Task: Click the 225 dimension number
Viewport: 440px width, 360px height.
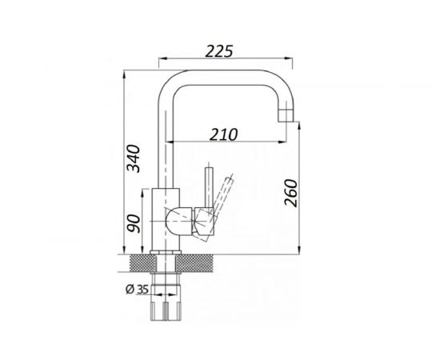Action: point(219,51)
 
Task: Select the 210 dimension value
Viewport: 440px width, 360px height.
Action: point(224,134)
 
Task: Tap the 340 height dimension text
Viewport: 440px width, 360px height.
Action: point(133,158)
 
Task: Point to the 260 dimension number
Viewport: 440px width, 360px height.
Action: point(290,193)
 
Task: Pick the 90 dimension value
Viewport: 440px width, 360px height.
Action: point(134,223)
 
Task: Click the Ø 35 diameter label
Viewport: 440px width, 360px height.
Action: point(138,290)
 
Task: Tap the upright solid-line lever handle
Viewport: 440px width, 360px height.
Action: point(209,187)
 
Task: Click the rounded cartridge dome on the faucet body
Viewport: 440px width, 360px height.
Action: point(178,221)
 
